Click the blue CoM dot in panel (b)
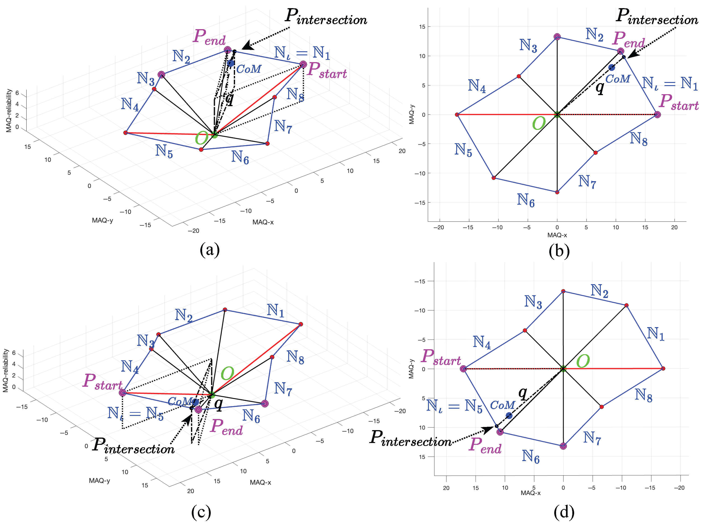coord(611,67)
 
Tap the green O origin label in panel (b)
coord(539,123)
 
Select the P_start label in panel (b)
coord(678,102)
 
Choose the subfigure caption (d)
coord(564,512)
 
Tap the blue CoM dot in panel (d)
coord(509,415)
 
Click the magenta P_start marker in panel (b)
coord(657,114)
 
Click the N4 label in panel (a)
coord(130,104)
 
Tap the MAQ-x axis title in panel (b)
coord(557,235)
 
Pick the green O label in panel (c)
coord(227,373)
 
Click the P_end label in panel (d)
coord(485,445)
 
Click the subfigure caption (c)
coord(201,512)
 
